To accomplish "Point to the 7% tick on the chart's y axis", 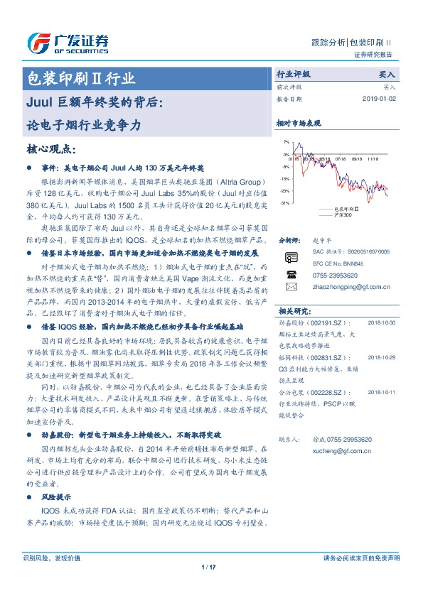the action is (x=286, y=142).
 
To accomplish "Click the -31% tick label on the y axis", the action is (x=284, y=203).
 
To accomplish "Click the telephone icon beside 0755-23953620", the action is (x=290, y=273).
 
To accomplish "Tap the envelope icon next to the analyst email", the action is (x=290, y=286).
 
